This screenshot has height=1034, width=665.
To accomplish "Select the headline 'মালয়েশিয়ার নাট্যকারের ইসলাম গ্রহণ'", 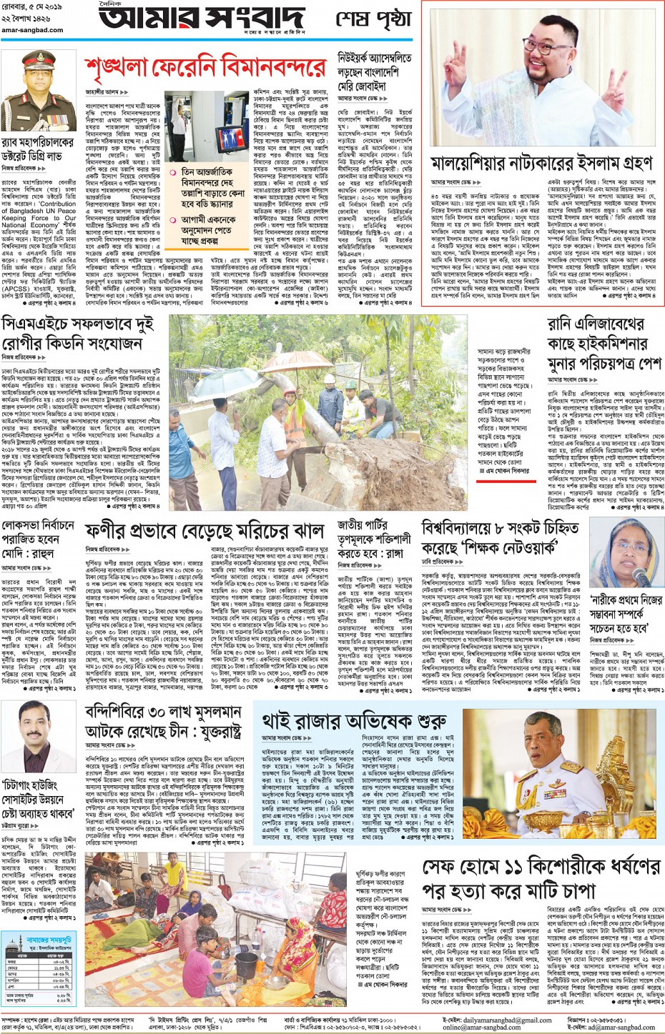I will pyautogui.click(x=541, y=164).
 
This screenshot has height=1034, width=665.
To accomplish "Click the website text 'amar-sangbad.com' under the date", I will pyautogui.click(x=31, y=30).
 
